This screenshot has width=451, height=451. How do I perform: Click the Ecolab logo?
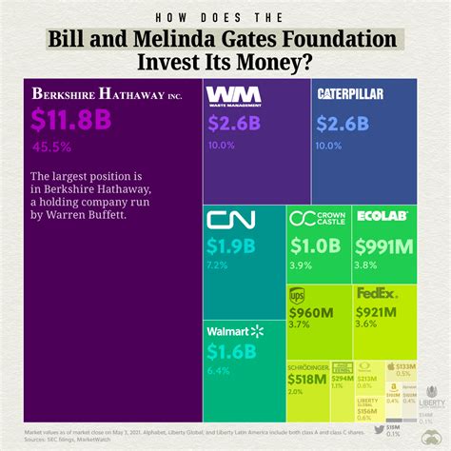(382, 217)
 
